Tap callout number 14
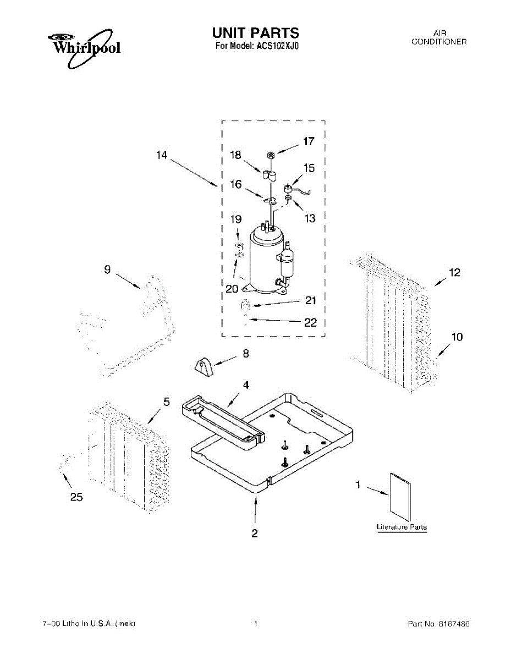161,156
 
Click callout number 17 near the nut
309,141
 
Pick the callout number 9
107,269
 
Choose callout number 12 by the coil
454,272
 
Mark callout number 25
76,497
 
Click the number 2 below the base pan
255,532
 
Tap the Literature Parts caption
402,527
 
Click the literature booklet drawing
400,497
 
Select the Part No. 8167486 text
438,624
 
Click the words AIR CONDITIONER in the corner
439,37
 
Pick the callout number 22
310,322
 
